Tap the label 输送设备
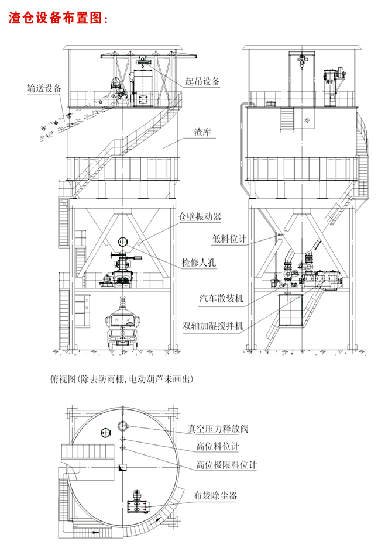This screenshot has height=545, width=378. pyautogui.click(x=44, y=89)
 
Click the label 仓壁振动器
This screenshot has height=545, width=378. pyautogui.click(x=200, y=216)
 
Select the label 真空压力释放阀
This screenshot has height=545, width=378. pyautogui.click(x=218, y=429)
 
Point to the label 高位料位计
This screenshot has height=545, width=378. pyautogui.click(x=218, y=447)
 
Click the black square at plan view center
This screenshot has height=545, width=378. pyautogui.click(x=123, y=467)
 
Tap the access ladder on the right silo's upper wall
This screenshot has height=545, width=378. pyautogui.click(x=288, y=120)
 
